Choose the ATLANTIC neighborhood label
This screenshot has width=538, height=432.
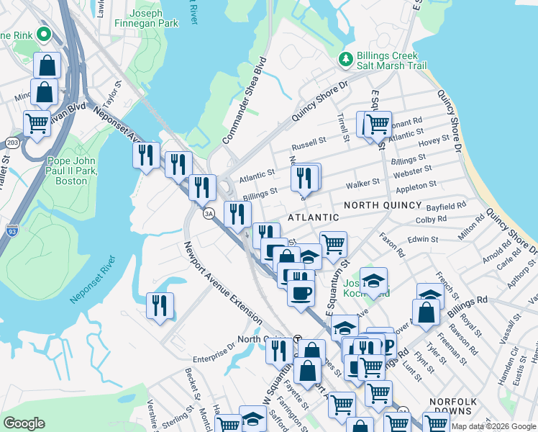[x=314, y=217]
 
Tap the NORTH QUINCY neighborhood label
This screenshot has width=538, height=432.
[x=380, y=205]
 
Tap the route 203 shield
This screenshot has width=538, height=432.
[x=12, y=143]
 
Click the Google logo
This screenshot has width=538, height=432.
[x=24, y=423]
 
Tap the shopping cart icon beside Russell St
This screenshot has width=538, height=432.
[x=377, y=124]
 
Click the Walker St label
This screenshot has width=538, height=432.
[x=362, y=185]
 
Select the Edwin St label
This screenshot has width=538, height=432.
[x=423, y=239]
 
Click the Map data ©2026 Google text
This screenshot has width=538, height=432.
[x=493, y=426]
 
